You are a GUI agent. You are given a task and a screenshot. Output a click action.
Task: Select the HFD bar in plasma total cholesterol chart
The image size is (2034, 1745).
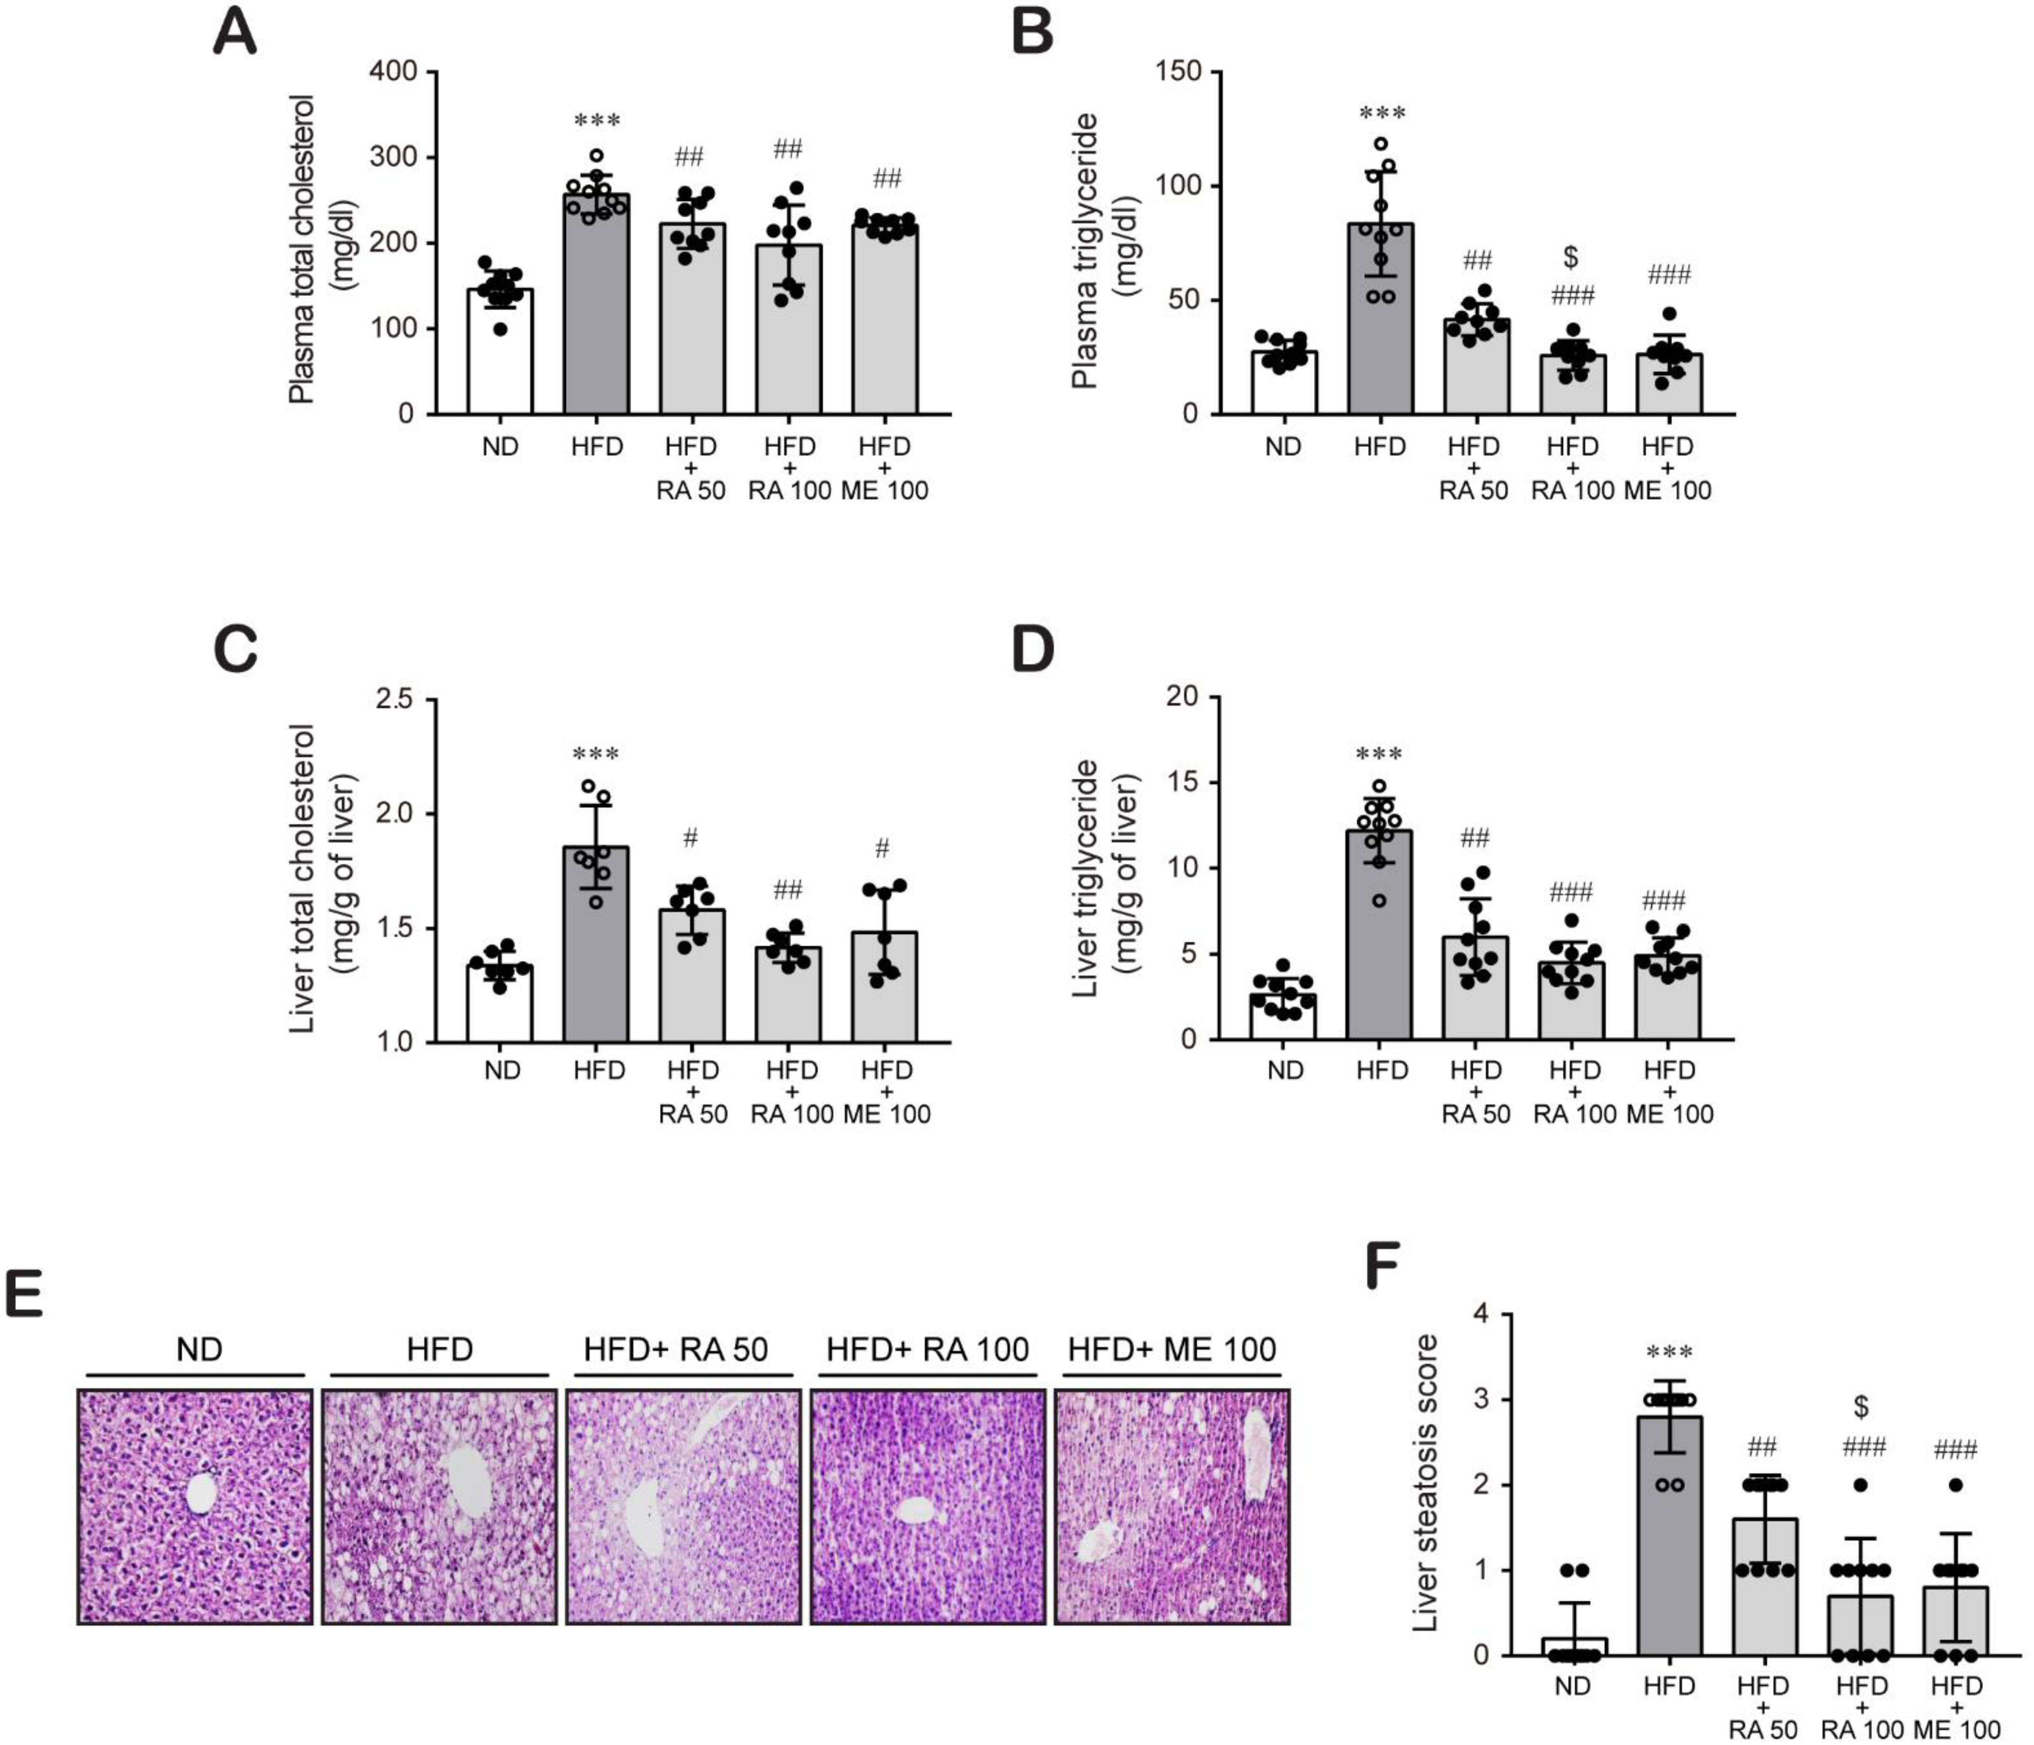coord(596,314)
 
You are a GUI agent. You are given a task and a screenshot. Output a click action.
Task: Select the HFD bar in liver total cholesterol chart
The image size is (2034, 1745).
coord(596,942)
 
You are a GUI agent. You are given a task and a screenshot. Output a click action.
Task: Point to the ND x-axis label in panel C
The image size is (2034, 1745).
coord(501,1070)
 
